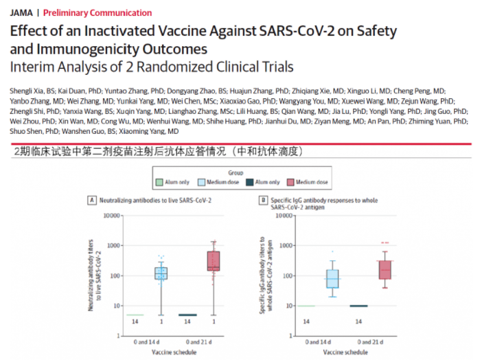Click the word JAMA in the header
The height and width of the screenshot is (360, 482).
click(x=21, y=13)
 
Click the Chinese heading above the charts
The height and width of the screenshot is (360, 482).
click(x=159, y=151)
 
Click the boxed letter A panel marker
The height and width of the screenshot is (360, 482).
click(x=91, y=200)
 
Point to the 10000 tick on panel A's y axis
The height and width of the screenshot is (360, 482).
click(x=111, y=215)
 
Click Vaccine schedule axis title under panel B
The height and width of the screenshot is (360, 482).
click(x=346, y=352)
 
